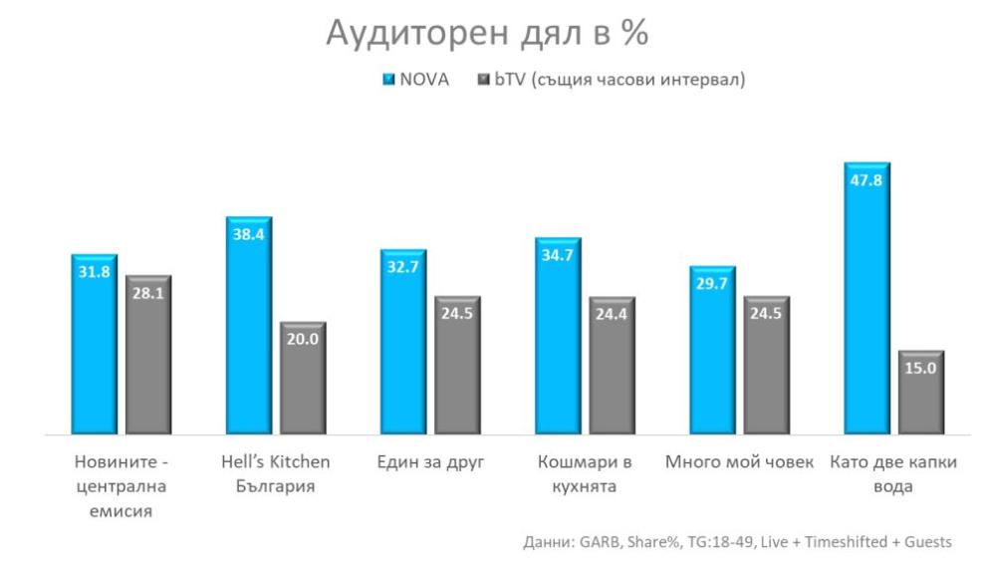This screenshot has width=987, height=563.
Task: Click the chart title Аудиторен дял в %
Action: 487,34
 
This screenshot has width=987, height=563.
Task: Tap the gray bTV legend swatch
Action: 486,80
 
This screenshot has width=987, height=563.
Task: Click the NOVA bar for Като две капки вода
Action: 865,299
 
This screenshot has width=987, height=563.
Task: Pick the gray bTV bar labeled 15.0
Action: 920,394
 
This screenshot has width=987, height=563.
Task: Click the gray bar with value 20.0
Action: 302,379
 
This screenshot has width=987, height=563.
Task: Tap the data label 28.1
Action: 148,292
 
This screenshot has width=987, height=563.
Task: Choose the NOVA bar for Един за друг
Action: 402,343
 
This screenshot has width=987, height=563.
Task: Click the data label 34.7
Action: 557,255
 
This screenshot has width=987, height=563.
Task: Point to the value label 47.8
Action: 865,179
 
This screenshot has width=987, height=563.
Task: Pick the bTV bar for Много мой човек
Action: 766,367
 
